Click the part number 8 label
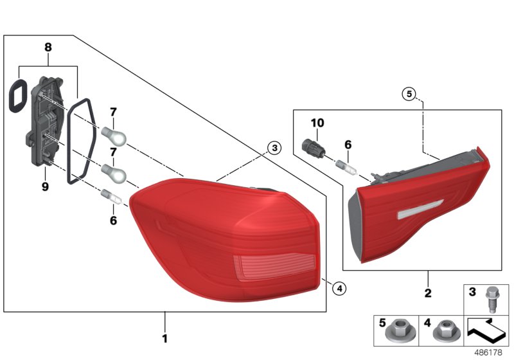coord(48,47)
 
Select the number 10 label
coord(319,123)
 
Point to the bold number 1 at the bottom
coord(164,338)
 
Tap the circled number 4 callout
coord(339,287)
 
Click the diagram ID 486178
coord(490,352)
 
